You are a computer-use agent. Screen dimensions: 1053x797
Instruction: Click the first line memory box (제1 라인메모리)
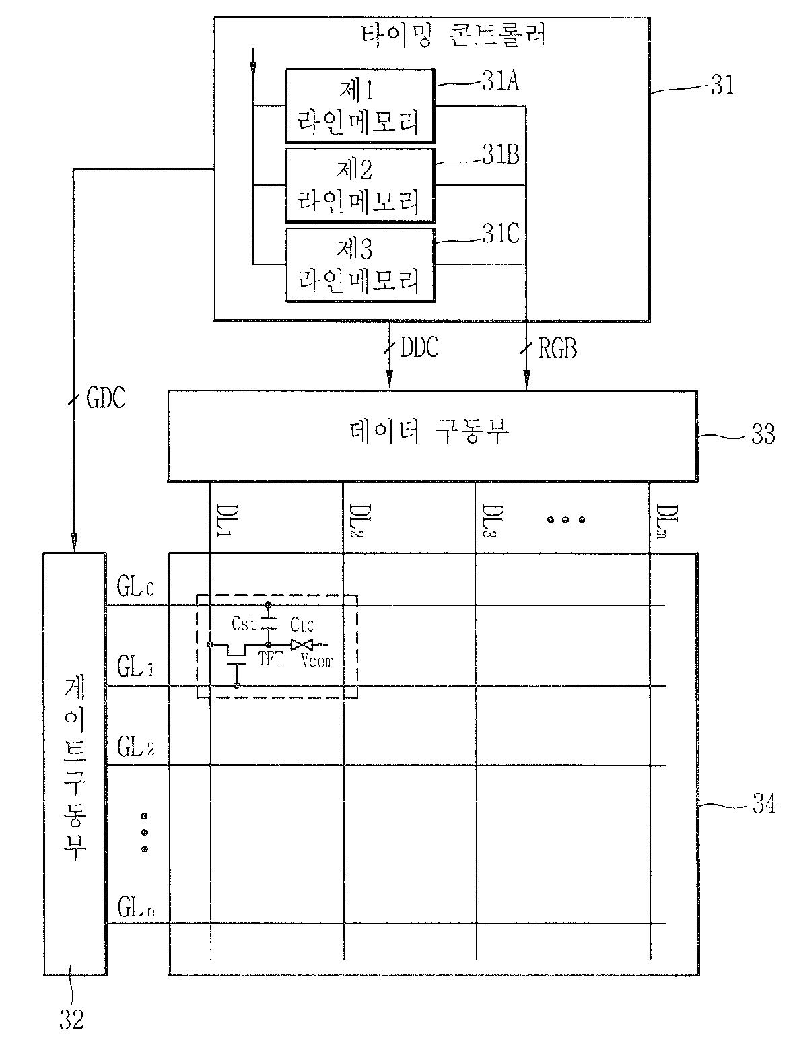[x=359, y=105]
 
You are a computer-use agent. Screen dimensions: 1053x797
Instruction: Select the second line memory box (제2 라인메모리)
[x=359, y=185]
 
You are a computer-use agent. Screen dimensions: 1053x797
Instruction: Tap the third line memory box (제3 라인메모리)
[x=359, y=265]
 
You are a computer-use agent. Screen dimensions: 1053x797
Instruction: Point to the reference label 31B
[x=499, y=156]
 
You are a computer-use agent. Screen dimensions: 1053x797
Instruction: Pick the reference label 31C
[x=499, y=235]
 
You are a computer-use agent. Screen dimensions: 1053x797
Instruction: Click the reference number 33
[x=763, y=434]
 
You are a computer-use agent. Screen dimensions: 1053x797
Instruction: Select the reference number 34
[x=763, y=804]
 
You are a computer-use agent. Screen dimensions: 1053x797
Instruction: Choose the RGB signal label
[x=557, y=348]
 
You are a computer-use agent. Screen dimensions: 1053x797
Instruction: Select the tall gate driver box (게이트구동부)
[x=75, y=763]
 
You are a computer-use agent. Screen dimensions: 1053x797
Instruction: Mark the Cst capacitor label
[x=244, y=624]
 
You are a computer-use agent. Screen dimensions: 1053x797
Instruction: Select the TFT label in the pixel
[x=271, y=659]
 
